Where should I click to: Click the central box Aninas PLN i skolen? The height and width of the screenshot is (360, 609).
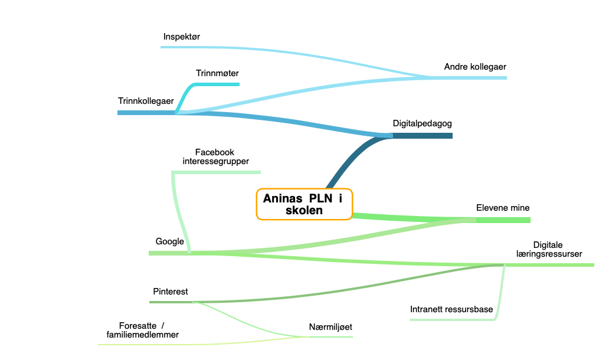click(x=304, y=204)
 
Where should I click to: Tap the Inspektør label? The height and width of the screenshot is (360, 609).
click(x=181, y=37)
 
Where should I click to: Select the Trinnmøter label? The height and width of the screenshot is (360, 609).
click(x=217, y=73)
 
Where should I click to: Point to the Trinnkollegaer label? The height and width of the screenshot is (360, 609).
click(x=146, y=101)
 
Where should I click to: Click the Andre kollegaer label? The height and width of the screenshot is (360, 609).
click(x=475, y=67)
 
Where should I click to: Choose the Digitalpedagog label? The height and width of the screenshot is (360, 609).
click(x=422, y=123)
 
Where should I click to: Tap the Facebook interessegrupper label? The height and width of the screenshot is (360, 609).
click(x=215, y=156)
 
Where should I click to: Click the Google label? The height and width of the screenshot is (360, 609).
click(x=170, y=241)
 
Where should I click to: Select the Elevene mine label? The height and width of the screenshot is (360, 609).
click(x=503, y=208)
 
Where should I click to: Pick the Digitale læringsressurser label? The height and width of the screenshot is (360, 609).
click(x=549, y=249)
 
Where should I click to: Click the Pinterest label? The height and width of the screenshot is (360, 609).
click(x=170, y=292)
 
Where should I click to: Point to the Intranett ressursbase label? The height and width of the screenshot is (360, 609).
click(x=451, y=309)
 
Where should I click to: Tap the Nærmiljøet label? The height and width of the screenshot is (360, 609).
click(x=330, y=327)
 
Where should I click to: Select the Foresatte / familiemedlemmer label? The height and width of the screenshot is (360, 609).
click(x=143, y=330)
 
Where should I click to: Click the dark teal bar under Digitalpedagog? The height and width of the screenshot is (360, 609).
click(x=423, y=136)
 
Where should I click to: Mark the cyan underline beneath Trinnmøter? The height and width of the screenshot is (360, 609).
click(x=218, y=84)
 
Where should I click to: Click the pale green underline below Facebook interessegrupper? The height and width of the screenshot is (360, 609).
click(x=216, y=172)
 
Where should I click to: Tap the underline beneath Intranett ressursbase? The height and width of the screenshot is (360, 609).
click(x=452, y=320)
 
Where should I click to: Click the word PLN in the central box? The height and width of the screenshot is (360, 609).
click(x=320, y=198)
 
